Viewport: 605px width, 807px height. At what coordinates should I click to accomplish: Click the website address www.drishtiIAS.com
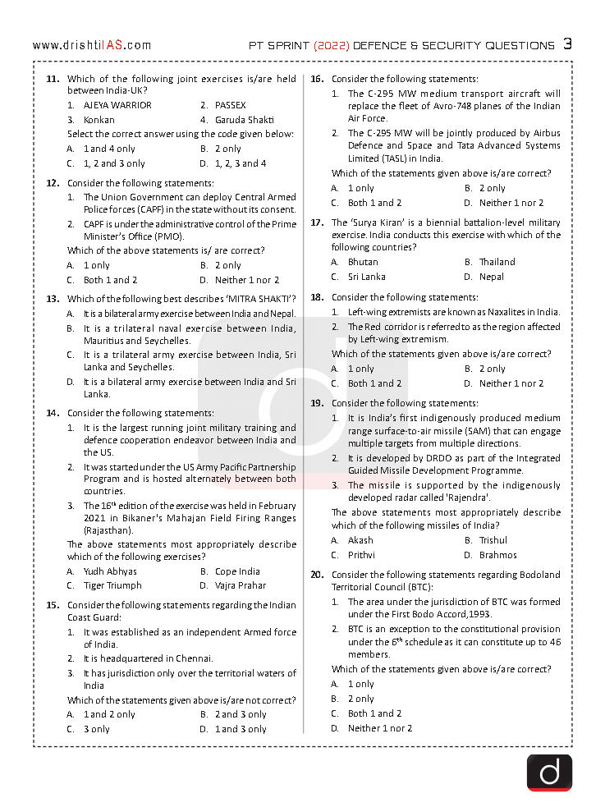92,45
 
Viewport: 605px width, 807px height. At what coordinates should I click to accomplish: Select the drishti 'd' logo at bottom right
549,772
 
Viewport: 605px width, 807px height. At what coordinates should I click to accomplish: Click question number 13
53,299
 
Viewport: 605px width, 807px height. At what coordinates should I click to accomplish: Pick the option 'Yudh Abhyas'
110,571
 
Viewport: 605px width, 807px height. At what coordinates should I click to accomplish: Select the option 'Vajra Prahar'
241,585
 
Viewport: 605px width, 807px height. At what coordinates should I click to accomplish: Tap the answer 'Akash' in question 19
360,540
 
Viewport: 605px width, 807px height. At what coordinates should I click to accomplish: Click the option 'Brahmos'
498,555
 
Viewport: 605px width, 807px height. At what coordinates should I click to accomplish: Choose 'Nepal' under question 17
492,277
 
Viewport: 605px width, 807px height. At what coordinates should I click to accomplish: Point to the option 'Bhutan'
363,262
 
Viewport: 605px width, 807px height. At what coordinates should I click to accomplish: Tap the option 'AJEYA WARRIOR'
117,105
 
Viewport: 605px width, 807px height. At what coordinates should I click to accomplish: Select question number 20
317,575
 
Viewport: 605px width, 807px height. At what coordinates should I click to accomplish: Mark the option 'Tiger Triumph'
112,585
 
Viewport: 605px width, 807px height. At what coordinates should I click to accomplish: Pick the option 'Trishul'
493,540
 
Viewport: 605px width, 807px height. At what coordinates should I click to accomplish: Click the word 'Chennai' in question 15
194,658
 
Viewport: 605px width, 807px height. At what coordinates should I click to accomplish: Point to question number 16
317,79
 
